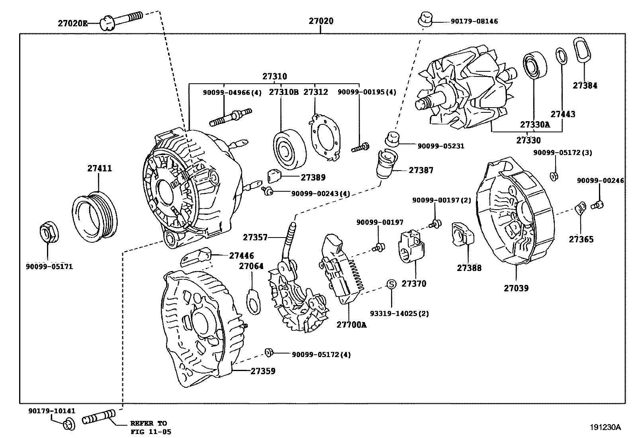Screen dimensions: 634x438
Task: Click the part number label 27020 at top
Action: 321,21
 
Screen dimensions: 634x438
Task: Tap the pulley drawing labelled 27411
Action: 94,217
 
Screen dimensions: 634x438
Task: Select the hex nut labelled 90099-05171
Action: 49,232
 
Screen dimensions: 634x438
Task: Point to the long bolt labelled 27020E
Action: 121,20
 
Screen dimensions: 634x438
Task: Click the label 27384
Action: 585,86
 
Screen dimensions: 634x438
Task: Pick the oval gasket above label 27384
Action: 582,49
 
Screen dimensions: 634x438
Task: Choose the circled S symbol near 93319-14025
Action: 391,284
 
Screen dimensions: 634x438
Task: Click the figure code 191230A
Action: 605,427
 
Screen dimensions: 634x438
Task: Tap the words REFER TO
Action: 149,423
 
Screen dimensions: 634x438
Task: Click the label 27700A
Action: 351,325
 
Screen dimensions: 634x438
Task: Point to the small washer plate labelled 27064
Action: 254,301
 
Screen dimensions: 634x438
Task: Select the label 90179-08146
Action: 474,21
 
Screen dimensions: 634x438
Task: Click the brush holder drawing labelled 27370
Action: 411,246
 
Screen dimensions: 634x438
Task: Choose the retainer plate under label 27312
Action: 324,137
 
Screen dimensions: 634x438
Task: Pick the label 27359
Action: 263,371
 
